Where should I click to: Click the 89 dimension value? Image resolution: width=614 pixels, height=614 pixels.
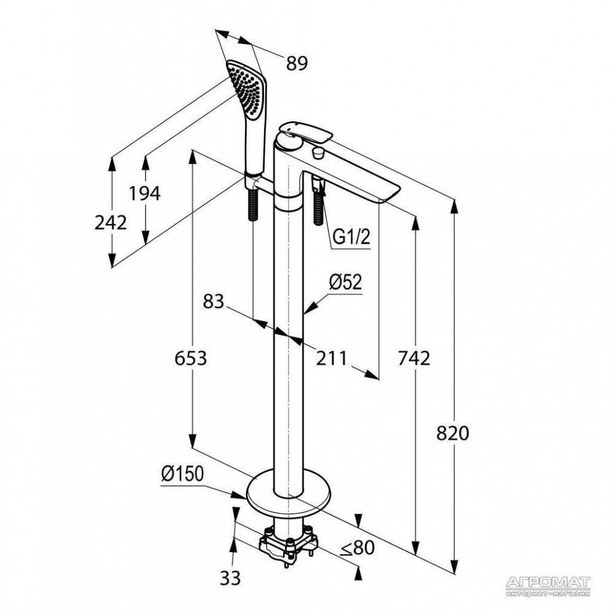pyautogui.click(x=297, y=63)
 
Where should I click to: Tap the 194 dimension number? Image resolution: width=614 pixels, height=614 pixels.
pyautogui.click(x=145, y=193)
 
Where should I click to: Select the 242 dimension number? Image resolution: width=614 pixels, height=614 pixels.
pyautogui.click(x=111, y=223)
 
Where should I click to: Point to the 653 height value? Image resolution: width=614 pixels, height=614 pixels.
pyautogui.click(x=190, y=358)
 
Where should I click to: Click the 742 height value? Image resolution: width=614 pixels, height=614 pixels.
pyautogui.click(x=414, y=358)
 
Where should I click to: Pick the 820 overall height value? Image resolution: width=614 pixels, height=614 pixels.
pyautogui.click(x=453, y=433)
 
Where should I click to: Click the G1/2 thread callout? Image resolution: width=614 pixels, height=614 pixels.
pyautogui.click(x=351, y=237)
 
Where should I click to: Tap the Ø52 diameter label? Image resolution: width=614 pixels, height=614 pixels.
pyautogui.click(x=345, y=282)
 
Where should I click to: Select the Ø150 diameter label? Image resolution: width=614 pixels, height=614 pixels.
pyautogui.click(x=182, y=474)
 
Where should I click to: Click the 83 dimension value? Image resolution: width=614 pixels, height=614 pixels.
pyautogui.click(x=214, y=301)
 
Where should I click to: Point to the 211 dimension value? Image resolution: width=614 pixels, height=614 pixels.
pyautogui.click(x=332, y=358)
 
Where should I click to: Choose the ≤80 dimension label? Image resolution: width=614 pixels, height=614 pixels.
pyautogui.click(x=357, y=548)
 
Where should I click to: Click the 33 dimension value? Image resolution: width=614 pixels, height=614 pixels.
pyautogui.click(x=230, y=578)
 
